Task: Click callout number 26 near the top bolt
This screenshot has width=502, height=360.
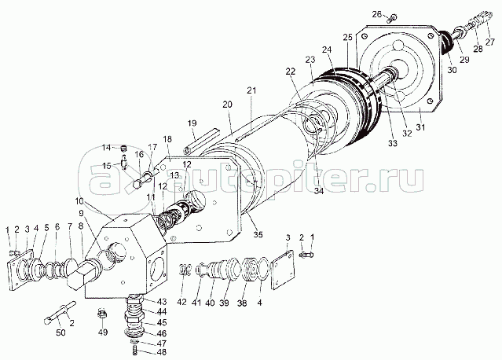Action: tap(377, 14)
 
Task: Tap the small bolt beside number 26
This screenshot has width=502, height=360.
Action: tap(391, 19)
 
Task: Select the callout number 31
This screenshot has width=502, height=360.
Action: tap(420, 127)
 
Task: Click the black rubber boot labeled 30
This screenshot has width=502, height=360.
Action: tap(445, 43)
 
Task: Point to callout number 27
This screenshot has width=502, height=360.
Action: tap(490, 42)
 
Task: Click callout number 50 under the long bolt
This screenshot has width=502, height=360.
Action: tap(60, 332)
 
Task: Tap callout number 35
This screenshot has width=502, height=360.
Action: tap(258, 234)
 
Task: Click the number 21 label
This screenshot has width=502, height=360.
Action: tap(251, 90)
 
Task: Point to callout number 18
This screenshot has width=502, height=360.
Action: tap(167, 139)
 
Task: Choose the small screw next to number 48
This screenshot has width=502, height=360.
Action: tap(134, 352)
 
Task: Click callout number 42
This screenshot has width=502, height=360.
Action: tap(181, 302)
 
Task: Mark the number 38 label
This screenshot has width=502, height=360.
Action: tap(242, 303)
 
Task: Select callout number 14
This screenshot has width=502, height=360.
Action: tap(107, 148)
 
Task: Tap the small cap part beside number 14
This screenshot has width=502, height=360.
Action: tap(124, 149)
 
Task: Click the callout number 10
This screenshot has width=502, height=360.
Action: tap(79, 201)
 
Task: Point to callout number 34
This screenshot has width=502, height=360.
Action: tap(318, 191)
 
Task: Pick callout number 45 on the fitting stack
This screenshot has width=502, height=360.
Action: tap(162, 322)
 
